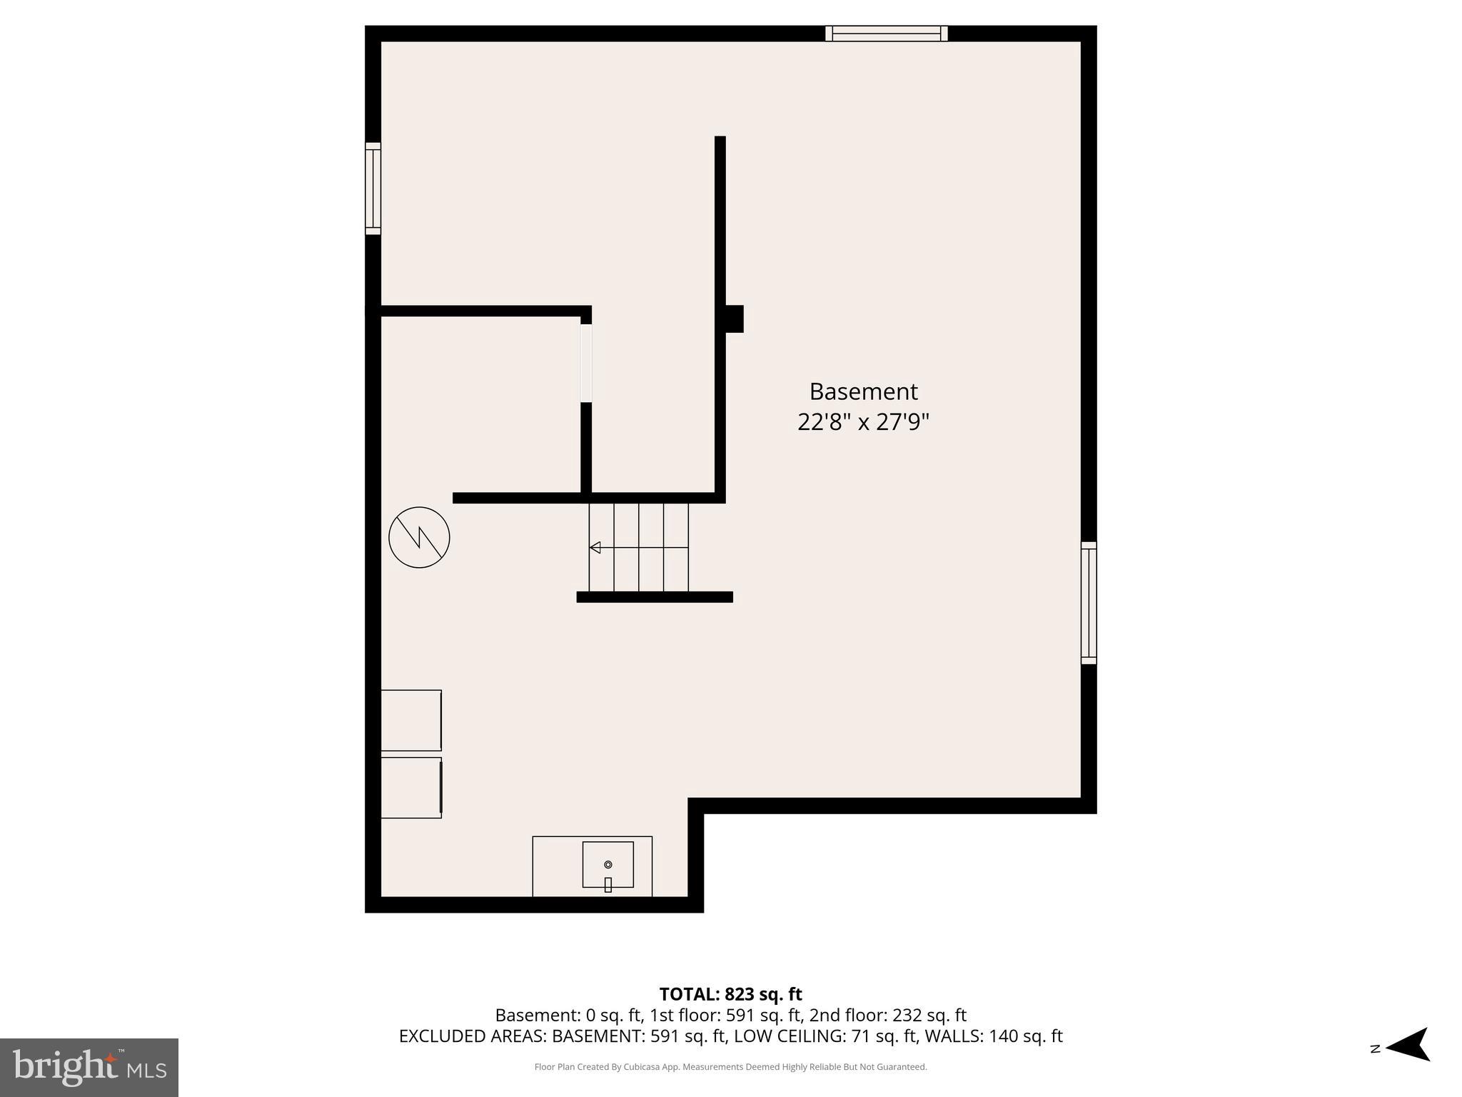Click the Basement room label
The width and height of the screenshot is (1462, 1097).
[863, 391]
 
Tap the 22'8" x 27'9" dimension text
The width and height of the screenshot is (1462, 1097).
[863, 422]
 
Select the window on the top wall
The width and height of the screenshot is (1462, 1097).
[886, 34]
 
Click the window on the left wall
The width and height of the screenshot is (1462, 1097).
[373, 189]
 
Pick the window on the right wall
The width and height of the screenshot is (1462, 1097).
[1088, 603]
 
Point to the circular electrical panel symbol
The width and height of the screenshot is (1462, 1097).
[419, 537]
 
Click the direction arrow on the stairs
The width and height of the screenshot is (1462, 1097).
[595, 548]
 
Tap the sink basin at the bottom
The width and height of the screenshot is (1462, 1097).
[608, 864]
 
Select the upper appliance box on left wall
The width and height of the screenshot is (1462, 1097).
[410, 720]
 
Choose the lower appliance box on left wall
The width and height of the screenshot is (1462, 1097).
[410, 788]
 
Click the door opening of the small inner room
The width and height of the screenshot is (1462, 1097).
[586, 364]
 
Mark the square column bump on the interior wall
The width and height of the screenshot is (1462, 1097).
[734, 319]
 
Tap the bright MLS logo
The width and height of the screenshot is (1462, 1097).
[89, 1067]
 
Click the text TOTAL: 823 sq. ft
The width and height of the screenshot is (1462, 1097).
[730, 994]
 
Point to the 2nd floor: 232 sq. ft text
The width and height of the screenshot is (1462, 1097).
[887, 1015]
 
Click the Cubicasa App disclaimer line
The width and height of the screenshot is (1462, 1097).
[730, 1067]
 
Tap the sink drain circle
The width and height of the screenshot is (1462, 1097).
[608, 864]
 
